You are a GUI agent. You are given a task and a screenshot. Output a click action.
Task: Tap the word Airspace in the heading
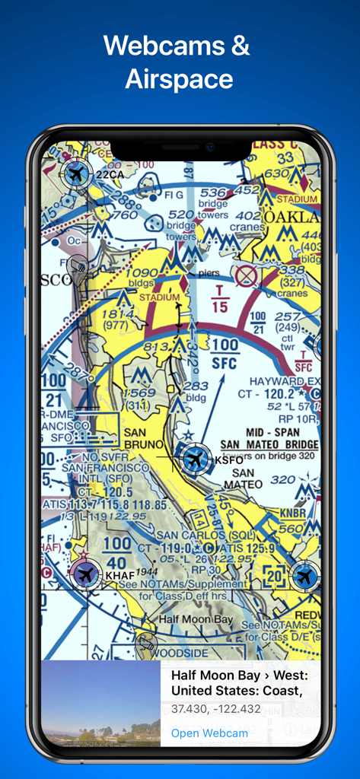(180, 78)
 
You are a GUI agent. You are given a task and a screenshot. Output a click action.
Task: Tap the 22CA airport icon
(75, 175)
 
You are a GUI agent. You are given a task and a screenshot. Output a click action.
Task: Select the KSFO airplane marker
(196, 459)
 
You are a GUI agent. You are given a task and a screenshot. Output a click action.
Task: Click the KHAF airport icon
(85, 574)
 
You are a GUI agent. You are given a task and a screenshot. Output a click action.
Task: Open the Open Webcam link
(209, 733)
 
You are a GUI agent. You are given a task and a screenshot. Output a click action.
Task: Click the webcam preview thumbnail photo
(100, 703)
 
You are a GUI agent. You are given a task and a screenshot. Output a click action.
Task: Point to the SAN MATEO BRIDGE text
(269, 444)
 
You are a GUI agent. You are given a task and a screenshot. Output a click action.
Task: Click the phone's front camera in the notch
(209, 147)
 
